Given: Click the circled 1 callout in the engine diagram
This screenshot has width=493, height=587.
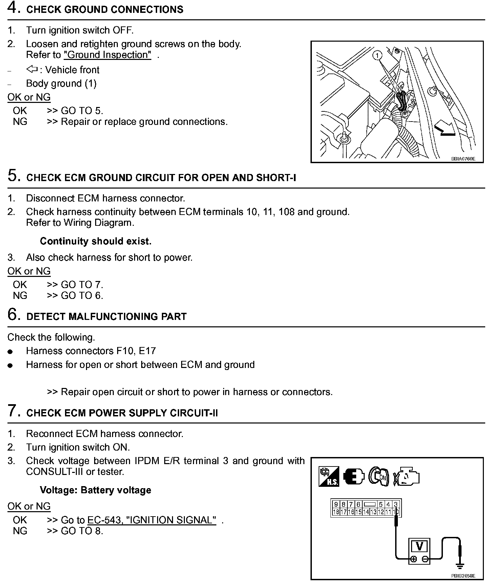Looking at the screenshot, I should click(x=378, y=55).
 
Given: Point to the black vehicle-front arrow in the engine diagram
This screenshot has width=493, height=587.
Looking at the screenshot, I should click(x=445, y=130).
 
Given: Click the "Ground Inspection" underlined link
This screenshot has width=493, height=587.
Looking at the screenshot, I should click(x=107, y=55).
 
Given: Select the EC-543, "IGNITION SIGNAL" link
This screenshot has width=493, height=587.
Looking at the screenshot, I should click(x=152, y=520).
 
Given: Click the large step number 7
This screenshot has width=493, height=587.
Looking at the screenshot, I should click(x=13, y=411).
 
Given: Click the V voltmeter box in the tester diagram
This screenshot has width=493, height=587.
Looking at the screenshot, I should click(x=419, y=546).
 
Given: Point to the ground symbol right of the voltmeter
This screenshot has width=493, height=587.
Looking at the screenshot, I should click(x=459, y=566).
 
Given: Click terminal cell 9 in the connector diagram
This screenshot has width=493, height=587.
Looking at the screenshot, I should click(x=336, y=505).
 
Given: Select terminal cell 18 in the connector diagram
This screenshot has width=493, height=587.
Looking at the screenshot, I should click(x=336, y=512).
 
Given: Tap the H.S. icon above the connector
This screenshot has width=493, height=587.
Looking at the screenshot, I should click(x=329, y=477).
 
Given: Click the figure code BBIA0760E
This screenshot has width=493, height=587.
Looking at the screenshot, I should click(x=463, y=158).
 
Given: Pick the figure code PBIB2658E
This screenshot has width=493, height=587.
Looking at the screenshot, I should click(x=463, y=575).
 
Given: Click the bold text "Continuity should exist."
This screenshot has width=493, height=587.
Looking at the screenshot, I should click(x=95, y=241).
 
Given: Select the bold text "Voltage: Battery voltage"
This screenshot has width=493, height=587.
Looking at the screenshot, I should click(x=95, y=490).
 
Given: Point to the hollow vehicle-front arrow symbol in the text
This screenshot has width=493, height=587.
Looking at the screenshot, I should click(x=32, y=69).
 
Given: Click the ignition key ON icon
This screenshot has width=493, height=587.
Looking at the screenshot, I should click(x=379, y=476).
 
